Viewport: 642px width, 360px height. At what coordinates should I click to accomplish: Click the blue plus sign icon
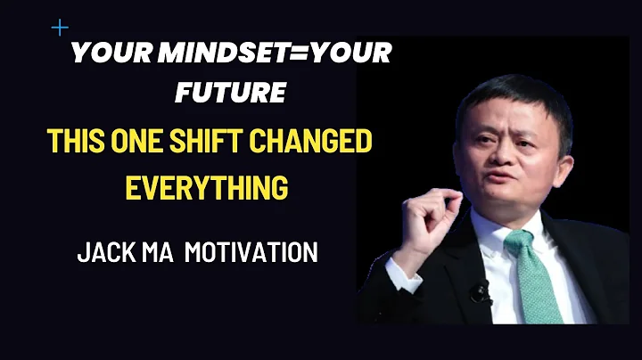[x=60, y=28]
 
